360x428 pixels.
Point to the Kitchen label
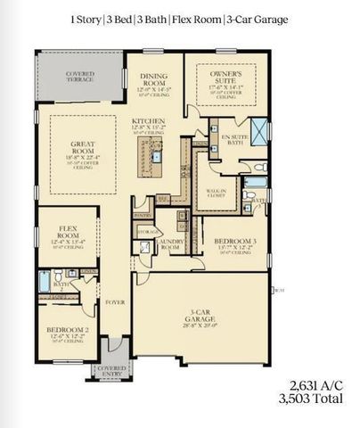(147, 125)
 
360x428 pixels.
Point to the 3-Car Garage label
(204, 318)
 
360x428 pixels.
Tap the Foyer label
(113, 300)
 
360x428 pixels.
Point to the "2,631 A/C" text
(315, 385)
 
